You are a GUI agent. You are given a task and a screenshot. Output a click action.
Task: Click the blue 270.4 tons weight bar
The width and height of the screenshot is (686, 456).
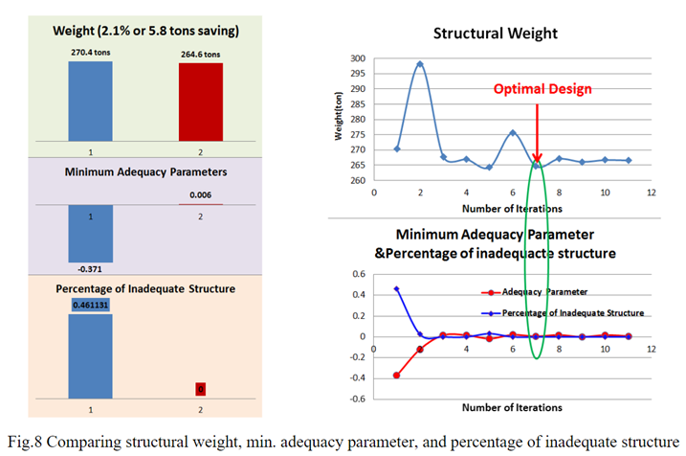click(x=90, y=103)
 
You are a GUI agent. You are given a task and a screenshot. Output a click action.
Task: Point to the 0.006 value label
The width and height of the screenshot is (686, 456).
click(x=201, y=194)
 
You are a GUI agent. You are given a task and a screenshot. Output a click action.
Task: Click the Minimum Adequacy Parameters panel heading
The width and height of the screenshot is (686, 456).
click(x=145, y=173)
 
